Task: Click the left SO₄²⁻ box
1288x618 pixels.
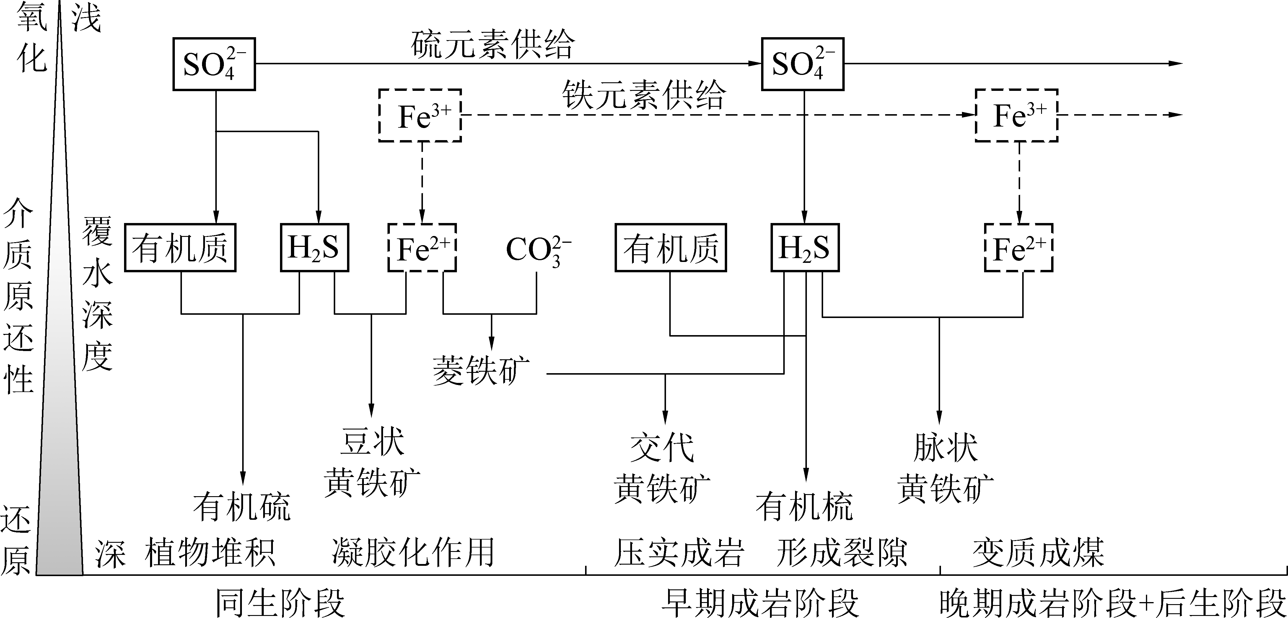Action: (214, 64)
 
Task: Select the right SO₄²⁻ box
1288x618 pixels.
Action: (802, 64)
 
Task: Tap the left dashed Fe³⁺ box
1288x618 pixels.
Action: (420, 115)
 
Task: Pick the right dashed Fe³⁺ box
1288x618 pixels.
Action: (1017, 115)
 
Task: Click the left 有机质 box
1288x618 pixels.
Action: (180, 248)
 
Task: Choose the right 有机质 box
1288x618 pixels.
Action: (670, 248)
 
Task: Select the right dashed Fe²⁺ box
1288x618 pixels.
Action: (1019, 248)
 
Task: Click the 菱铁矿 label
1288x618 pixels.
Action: (481, 371)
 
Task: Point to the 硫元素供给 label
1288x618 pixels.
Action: (493, 45)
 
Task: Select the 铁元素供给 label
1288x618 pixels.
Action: (644, 95)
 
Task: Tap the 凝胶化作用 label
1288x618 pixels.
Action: (413, 552)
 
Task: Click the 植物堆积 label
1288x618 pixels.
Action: (210, 552)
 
